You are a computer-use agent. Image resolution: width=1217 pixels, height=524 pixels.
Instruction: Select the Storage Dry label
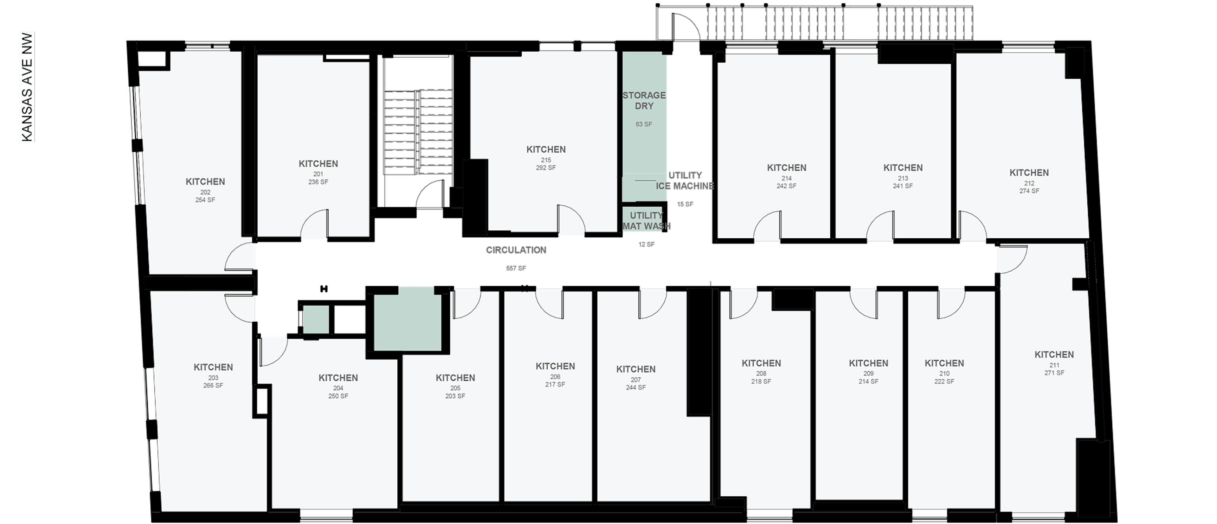pyautogui.click(x=644, y=100)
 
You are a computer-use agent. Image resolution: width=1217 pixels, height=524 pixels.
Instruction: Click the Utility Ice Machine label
pyautogui.click(x=685, y=181)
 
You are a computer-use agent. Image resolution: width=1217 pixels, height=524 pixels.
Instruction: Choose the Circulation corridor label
pyautogui.click(x=516, y=250)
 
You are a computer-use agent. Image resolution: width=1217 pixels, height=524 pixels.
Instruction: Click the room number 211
pyautogui.click(x=1054, y=365)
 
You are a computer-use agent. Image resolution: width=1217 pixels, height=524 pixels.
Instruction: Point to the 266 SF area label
pyautogui.click(x=213, y=385)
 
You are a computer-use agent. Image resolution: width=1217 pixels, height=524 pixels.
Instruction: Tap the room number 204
pyautogui.click(x=338, y=388)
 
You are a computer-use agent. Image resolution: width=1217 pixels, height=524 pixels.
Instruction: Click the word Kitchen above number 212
pyautogui.click(x=1029, y=173)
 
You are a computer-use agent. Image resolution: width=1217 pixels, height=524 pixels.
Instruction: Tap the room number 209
pyautogui.click(x=868, y=374)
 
